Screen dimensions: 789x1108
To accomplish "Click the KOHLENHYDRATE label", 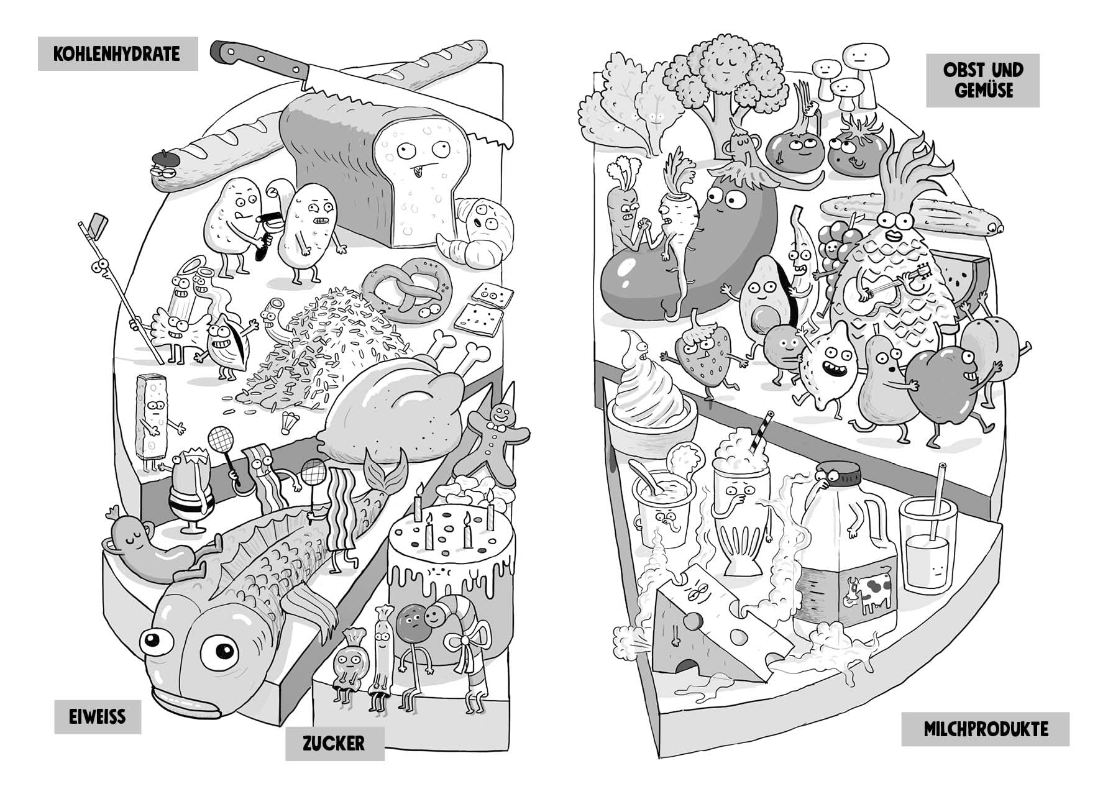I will [117, 53].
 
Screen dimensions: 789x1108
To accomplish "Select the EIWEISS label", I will [97, 716].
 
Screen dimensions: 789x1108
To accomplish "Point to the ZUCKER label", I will [334, 742].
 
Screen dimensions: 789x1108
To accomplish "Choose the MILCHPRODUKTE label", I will [985, 729].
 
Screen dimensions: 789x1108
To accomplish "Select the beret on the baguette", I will [164, 158].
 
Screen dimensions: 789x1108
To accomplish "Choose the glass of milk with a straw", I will [925, 547].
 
